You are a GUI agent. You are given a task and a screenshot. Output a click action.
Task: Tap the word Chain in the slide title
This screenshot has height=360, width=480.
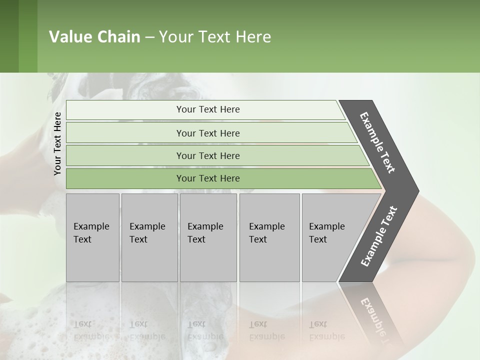pos(118,37)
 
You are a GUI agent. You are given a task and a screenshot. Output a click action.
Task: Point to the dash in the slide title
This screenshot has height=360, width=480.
pos(149,37)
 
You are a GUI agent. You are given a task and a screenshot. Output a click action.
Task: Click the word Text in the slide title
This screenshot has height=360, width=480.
pos(212,37)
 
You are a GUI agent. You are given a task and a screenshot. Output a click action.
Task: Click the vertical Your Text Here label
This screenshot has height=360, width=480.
pos(57,144)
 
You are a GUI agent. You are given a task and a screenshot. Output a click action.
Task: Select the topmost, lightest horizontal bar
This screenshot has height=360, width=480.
pos(205,109)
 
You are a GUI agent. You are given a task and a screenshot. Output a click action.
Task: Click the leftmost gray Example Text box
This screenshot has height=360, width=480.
pos(92,237)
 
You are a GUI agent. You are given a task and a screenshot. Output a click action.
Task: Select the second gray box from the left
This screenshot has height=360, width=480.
pos(149,237)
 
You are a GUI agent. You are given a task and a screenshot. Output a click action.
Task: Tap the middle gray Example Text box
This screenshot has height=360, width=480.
pos(208,237)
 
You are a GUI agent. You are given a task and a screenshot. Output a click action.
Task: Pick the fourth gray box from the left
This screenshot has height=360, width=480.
pos(269,237)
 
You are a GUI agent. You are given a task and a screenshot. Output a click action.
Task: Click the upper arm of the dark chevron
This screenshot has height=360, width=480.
pos(377,142)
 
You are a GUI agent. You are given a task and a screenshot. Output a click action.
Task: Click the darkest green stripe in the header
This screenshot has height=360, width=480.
pos(9,36)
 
